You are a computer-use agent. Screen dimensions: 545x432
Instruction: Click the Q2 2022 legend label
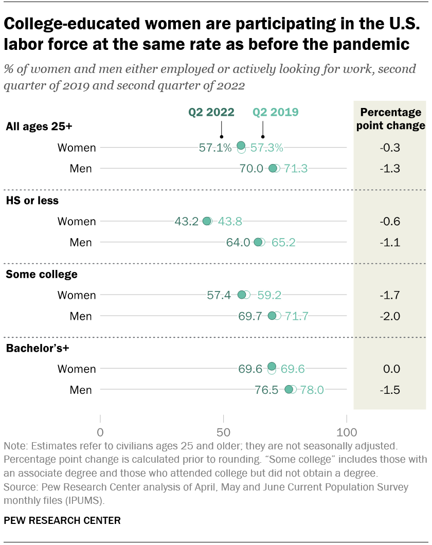click(211, 112)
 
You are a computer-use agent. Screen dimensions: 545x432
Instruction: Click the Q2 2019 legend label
click(276, 112)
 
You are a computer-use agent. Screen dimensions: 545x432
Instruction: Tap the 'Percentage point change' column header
click(390, 119)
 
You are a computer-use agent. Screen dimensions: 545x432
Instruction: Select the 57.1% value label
click(215, 148)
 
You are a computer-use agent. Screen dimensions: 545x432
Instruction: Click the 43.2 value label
click(187, 222)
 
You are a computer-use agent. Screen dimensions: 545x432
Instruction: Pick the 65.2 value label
click(283, 242)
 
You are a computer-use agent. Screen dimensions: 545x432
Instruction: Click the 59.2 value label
click(269, 295)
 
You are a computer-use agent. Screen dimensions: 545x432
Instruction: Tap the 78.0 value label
click(312, 390)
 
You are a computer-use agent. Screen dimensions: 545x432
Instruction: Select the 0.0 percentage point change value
click(390, 369)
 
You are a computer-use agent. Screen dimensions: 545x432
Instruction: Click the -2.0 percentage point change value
click(390, 316)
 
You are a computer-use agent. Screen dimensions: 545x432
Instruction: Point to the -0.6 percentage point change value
click(390, 222)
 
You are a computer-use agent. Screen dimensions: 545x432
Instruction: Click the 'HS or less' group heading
click(32, 201)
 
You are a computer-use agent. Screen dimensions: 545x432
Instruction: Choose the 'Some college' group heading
click(41, 274)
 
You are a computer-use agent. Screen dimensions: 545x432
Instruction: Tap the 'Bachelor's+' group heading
click(37, 348)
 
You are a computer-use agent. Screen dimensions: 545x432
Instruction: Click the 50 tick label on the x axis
click(223, 431)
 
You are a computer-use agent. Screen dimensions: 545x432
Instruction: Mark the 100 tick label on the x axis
click(347, 431)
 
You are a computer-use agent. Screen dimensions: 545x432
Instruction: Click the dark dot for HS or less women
click(207, 221)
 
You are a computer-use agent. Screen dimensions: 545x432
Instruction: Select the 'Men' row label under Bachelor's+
click(81, 390)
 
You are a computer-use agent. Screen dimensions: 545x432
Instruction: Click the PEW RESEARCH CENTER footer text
click(62, 521)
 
